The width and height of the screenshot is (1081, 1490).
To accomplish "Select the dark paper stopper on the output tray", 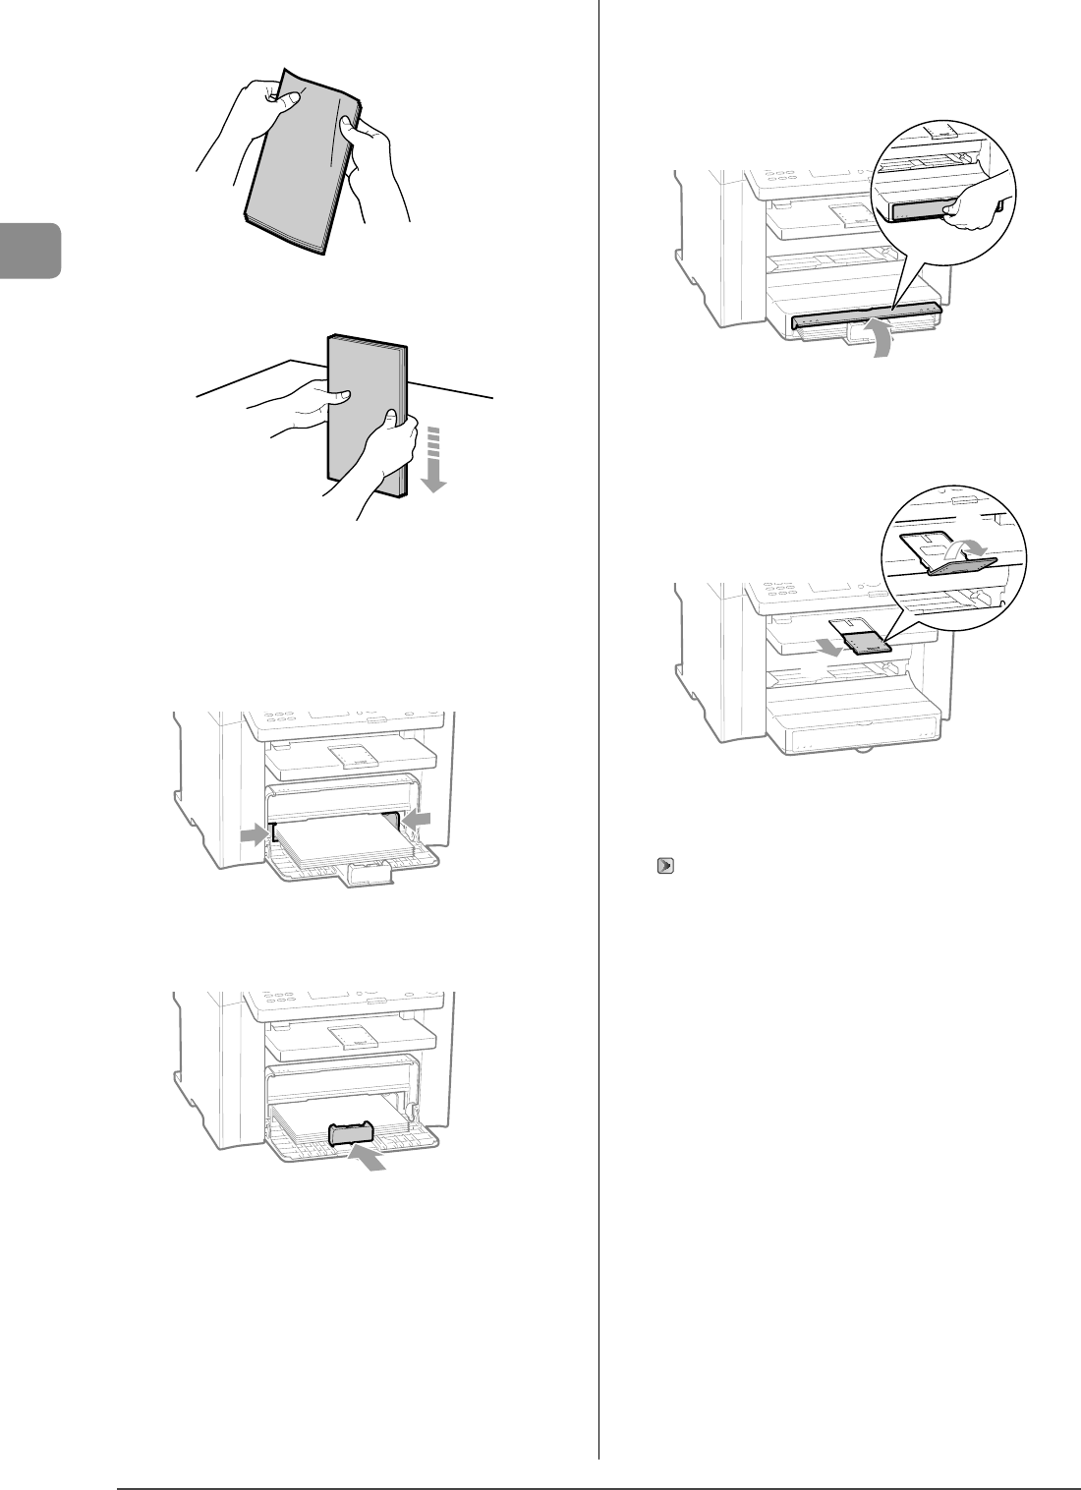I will tap(868, 644).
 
